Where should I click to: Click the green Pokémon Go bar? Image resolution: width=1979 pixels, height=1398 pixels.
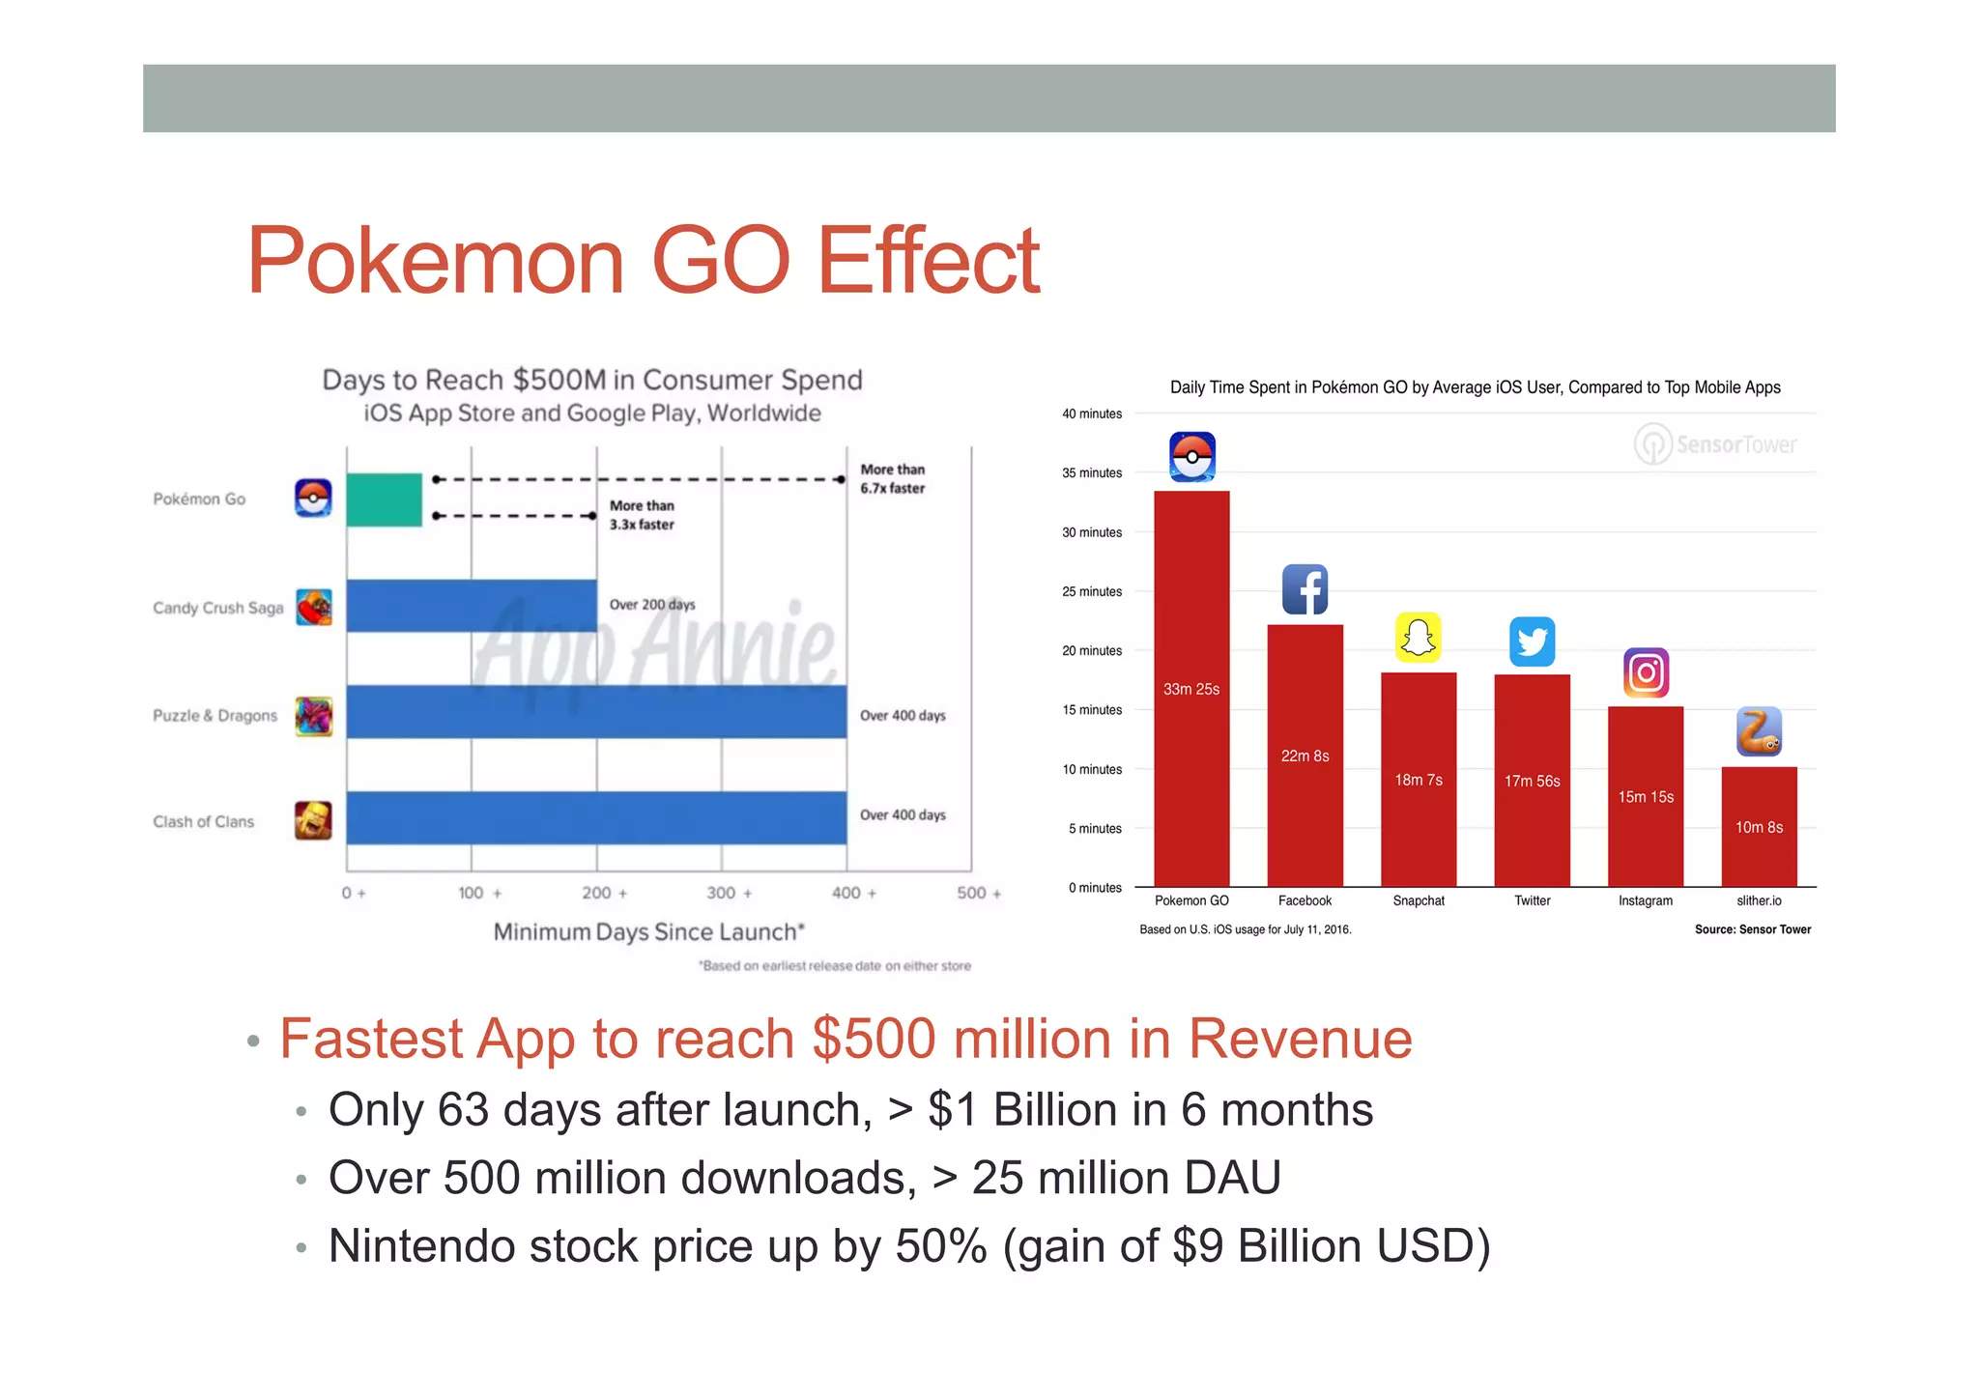pyautogui.click(x=384, y=499)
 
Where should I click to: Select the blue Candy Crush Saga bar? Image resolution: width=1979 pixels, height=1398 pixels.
pyautogui.click(x=472, y=606)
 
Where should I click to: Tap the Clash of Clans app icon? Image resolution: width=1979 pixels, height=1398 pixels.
pyautogui.click(x=313, y=820)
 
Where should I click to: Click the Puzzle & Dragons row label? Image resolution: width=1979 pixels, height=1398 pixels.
pyautogui.click(x=215, y=716)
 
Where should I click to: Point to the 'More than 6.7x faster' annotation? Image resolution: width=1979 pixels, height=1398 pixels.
pyautogui.click(x=892, y=479)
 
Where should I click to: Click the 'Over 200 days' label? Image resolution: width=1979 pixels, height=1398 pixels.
pyautogui.click(x=651, y=605)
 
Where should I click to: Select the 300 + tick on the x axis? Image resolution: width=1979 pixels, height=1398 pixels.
pyautogui.click(x=728, y=893)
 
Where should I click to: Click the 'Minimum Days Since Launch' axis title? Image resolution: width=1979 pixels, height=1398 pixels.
pyautogui.click(x=648, y=932)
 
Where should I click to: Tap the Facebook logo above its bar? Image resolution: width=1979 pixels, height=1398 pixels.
pyautogui.click(x=1305, y=589)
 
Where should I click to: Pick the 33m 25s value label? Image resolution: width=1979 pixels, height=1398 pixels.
pyautogui.click(x=1190, y=689)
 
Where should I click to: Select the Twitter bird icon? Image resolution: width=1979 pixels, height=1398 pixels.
pyautogui.click(x=1532, y=642)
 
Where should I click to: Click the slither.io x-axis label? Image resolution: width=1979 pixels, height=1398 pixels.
pyautogui.click(x=1759, y=900)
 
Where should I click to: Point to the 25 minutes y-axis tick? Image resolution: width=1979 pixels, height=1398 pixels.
pyautogui.click(x=1092, y=591)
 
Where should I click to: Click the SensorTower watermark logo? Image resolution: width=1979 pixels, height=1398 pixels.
pyautogui.click(x=1715, y=444)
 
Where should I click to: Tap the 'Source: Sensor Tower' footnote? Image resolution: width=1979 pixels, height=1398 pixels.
pyautogui.click(x=1752, y=929)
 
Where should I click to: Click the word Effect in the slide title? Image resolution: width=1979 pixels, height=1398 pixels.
pyautogui.click(x=928, y=261)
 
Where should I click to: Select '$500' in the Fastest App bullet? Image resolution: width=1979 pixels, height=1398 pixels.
pyautogui.click(x=875, y=1040)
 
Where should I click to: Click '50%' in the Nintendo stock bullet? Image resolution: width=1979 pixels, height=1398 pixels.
pyautogui.click(x=941, y=1246)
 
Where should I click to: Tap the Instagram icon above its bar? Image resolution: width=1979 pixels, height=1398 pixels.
pyautogui.click(x=1646, y=672)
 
